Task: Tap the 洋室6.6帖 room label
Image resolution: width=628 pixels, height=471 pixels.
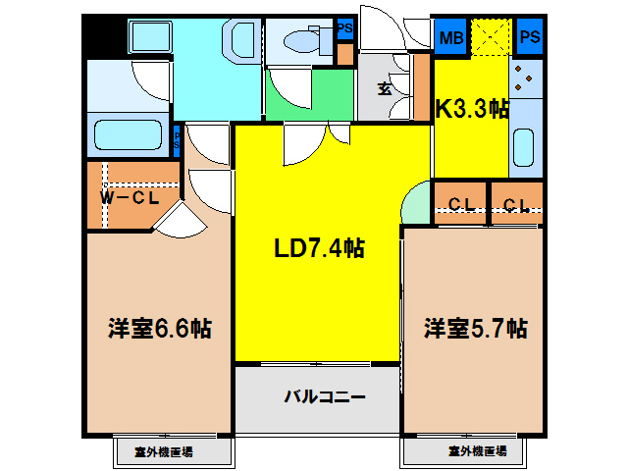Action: click(160, 328)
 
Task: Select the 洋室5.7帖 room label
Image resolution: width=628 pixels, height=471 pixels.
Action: click(476, 328)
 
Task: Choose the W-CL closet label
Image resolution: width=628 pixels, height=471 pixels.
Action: click(130, 197)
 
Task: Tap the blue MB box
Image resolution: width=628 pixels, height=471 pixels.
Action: click(450, 38)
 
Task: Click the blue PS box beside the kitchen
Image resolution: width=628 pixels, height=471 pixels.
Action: click(529, 38)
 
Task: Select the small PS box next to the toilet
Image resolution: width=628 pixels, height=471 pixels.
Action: click(344, 29)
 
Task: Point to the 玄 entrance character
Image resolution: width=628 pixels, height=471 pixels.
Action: click(385, 87)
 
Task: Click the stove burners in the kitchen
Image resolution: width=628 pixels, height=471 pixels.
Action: click(524, 78)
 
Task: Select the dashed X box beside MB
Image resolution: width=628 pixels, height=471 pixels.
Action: click(490, 38)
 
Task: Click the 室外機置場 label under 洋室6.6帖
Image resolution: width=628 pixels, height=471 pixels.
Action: click(163, 452)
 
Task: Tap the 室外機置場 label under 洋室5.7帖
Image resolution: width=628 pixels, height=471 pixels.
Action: click(478, 452)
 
